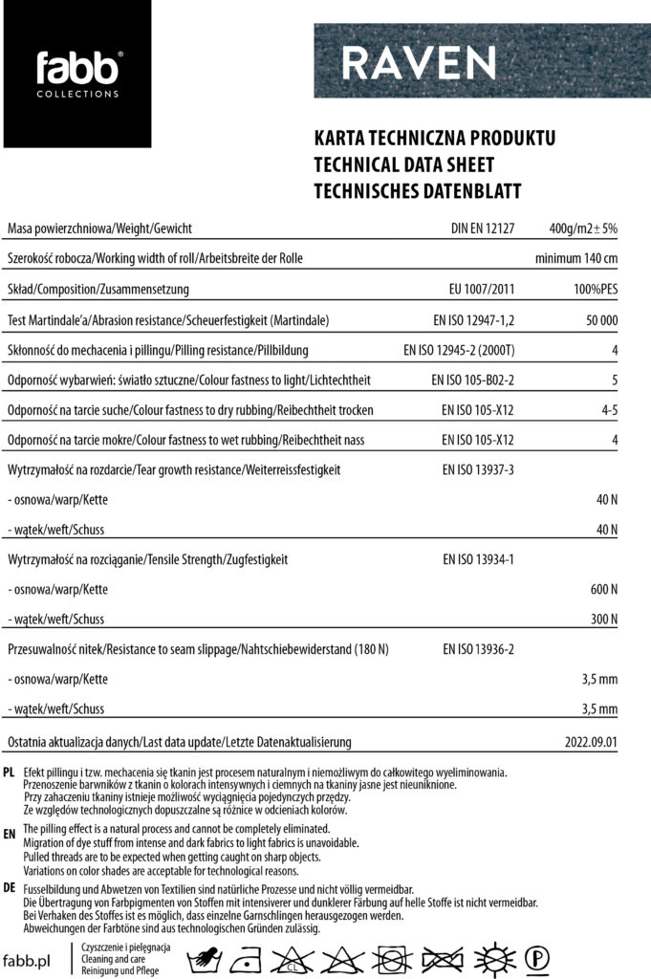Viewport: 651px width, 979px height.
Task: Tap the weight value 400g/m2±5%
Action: pos(583,229)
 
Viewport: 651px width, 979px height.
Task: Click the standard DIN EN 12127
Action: pos(483,229)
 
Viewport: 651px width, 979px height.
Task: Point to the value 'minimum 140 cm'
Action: pos(575,259)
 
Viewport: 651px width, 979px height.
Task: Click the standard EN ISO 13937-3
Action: pos(478,470)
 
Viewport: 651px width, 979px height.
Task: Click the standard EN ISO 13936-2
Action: pos(478,649)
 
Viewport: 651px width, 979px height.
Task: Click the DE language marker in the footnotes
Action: pos(9,887)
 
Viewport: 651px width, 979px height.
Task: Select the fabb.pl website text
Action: pos(27,960)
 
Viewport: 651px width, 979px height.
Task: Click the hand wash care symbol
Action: pos(205,958)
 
